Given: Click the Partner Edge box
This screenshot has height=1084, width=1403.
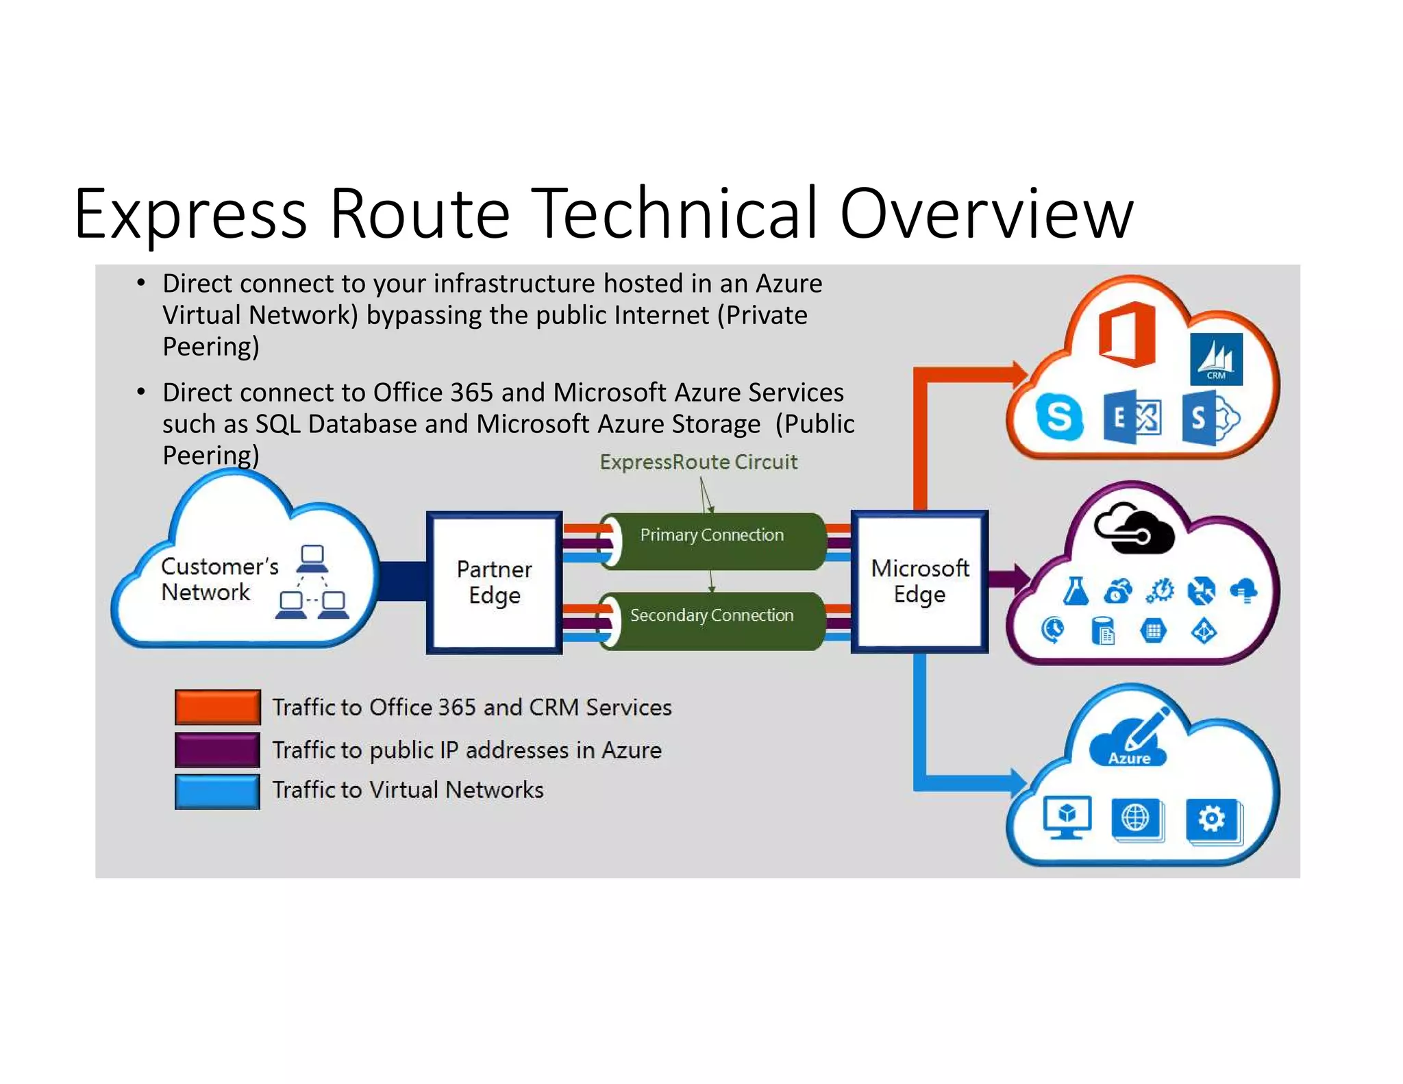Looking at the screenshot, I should (494, 582).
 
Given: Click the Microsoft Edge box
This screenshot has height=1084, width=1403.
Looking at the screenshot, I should (919, 581).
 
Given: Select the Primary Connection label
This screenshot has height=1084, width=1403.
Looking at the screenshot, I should (712, 535).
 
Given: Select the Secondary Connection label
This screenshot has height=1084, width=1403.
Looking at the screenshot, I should (712, 615).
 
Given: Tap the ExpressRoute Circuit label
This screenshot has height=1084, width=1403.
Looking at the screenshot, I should (698, 462).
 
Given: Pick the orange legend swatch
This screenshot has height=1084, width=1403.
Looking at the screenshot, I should (217, 707).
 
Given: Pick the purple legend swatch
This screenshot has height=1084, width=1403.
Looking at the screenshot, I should (217, 750).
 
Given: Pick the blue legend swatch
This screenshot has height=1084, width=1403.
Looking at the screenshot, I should (217, 791).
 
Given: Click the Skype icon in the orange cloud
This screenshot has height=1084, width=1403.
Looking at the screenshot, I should (1059, 417).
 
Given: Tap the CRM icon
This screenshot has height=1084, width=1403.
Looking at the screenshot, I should (1216, 359).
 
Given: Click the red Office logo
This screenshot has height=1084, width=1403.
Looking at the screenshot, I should (1126, 334).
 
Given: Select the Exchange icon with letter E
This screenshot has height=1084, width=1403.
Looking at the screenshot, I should (1132, 417).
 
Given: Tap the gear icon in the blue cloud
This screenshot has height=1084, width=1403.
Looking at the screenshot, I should (1211, 819).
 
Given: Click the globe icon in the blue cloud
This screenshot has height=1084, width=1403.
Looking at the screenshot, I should (1135, 817).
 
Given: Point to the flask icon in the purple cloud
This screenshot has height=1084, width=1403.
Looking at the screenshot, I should (1076, 591).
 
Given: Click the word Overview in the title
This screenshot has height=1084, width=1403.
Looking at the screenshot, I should (986, 214).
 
